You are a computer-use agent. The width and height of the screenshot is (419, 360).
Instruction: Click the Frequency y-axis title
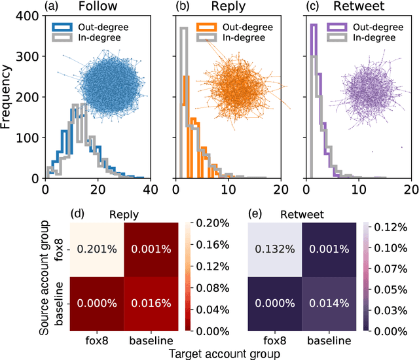[x=7, y=98]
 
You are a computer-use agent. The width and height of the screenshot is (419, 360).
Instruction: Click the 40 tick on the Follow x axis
[x=149, y=189]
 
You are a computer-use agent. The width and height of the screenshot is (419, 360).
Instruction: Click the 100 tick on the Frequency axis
[x=26, y=138]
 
